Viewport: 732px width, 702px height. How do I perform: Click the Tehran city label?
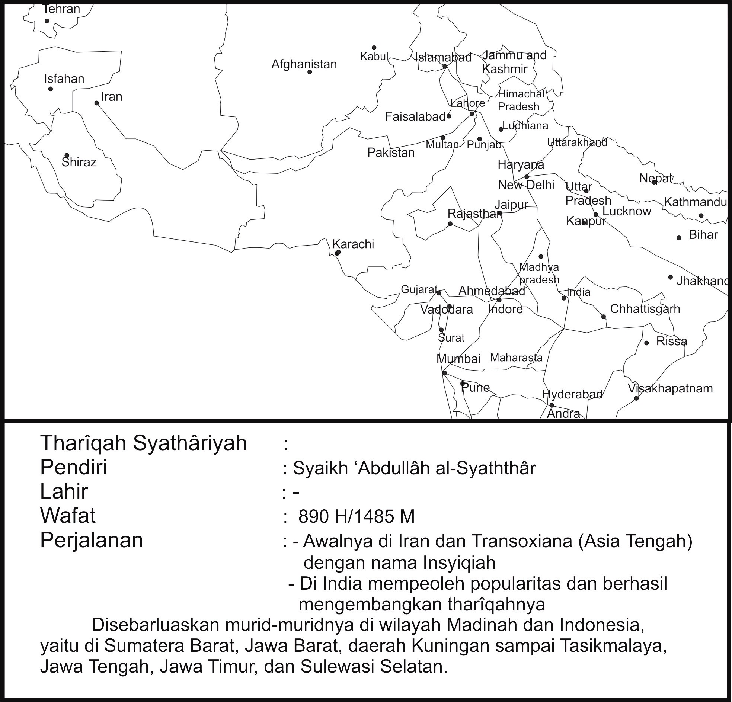[62, 9]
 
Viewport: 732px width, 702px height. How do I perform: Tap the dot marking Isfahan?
[50, 89]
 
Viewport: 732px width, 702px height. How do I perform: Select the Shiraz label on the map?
[79, 162]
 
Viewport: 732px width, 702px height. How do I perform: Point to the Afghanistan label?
[304, 64]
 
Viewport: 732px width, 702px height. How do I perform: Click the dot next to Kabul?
[374, 48]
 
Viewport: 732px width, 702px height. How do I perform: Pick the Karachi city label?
[353, 244]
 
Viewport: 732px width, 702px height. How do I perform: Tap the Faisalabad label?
[415, 117]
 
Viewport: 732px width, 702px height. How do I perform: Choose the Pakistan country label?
[391, 153]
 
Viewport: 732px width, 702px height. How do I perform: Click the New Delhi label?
[526, 185]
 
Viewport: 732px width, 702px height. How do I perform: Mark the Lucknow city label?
[627, 211]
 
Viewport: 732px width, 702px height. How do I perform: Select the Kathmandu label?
[695, 202]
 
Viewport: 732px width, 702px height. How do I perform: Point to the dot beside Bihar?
[679, 238]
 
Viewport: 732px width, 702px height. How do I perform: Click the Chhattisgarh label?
[645, 309]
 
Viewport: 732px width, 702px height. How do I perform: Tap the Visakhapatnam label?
[670, 388]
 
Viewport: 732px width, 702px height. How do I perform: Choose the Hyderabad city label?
[572, 394]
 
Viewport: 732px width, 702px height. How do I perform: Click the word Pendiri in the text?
[74, 467]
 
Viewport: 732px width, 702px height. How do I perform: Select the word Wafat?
[68, 516]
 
